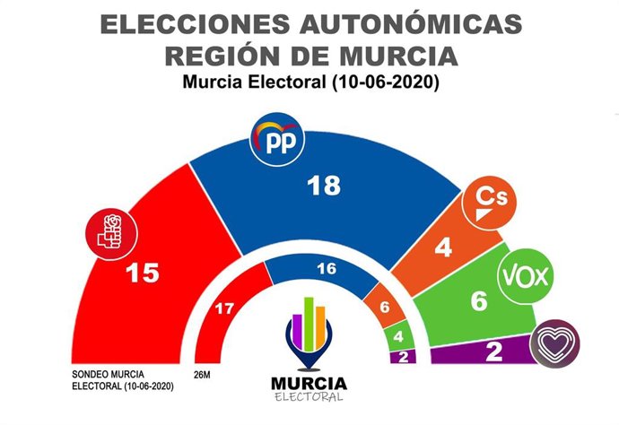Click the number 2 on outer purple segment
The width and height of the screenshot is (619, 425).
493,352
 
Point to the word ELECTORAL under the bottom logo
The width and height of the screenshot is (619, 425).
309,397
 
